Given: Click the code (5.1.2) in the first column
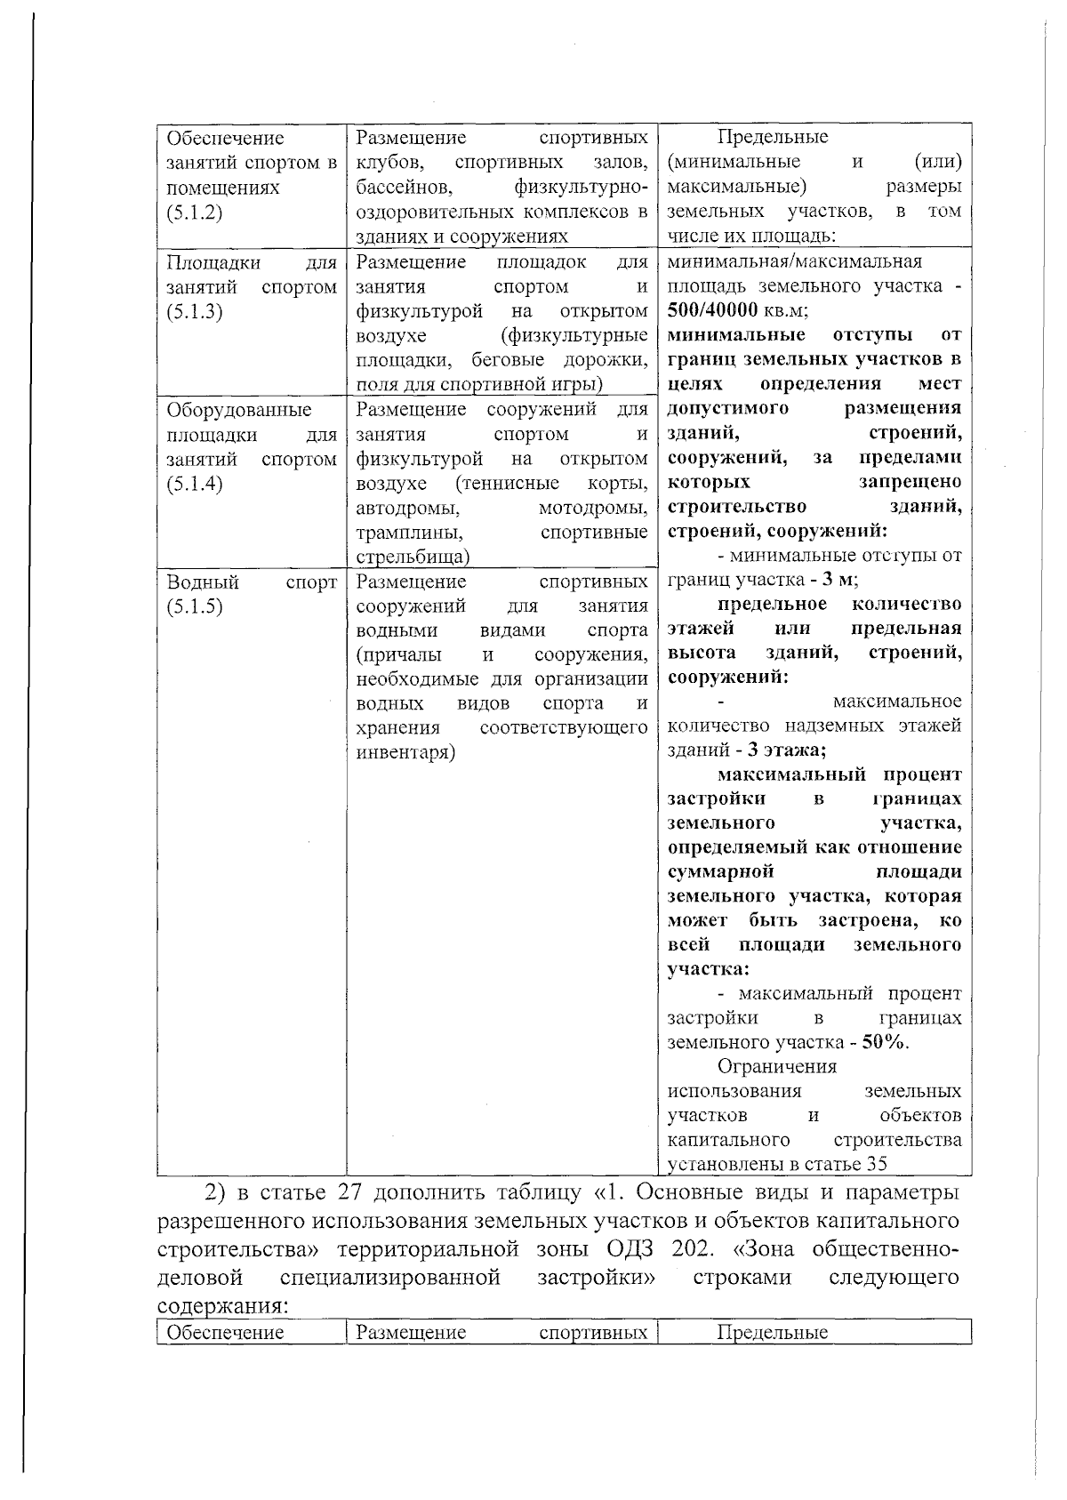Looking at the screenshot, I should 194,213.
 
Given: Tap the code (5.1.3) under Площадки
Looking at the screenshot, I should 194,312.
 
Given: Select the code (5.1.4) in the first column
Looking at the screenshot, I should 194,485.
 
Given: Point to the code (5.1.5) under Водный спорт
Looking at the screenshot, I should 194,607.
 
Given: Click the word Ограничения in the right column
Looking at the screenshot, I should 777,1066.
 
